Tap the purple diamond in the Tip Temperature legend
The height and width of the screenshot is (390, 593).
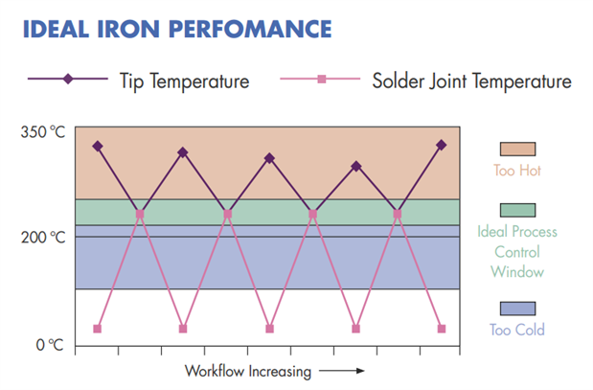[x=68, y=80]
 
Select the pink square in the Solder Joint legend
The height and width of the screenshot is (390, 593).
[x=322, y=80]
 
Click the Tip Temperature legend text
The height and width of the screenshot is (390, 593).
[x=185, y=80]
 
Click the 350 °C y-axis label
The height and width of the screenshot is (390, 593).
[x=43, y=131]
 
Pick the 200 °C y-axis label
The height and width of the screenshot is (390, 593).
[x=43, y=237]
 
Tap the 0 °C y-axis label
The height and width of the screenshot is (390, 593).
[x=48, y=344]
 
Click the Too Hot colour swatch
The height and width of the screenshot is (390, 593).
[x=517, y=149]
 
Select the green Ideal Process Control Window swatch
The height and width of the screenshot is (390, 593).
[x=517, y=210]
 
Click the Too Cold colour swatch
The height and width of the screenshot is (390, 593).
[x=517, y=309]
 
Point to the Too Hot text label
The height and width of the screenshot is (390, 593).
[x=517, y=171]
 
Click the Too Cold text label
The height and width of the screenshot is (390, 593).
[x=517, y=331]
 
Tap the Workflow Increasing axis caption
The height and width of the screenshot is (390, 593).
[x=246, y=370]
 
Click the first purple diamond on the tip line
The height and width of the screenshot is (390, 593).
[x=97, y=146]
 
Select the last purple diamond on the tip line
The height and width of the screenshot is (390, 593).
[x=442, y=145]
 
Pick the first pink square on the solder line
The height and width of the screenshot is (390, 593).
[x=97, y=329]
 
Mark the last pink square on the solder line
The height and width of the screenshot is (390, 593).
[x=442, y=329]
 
